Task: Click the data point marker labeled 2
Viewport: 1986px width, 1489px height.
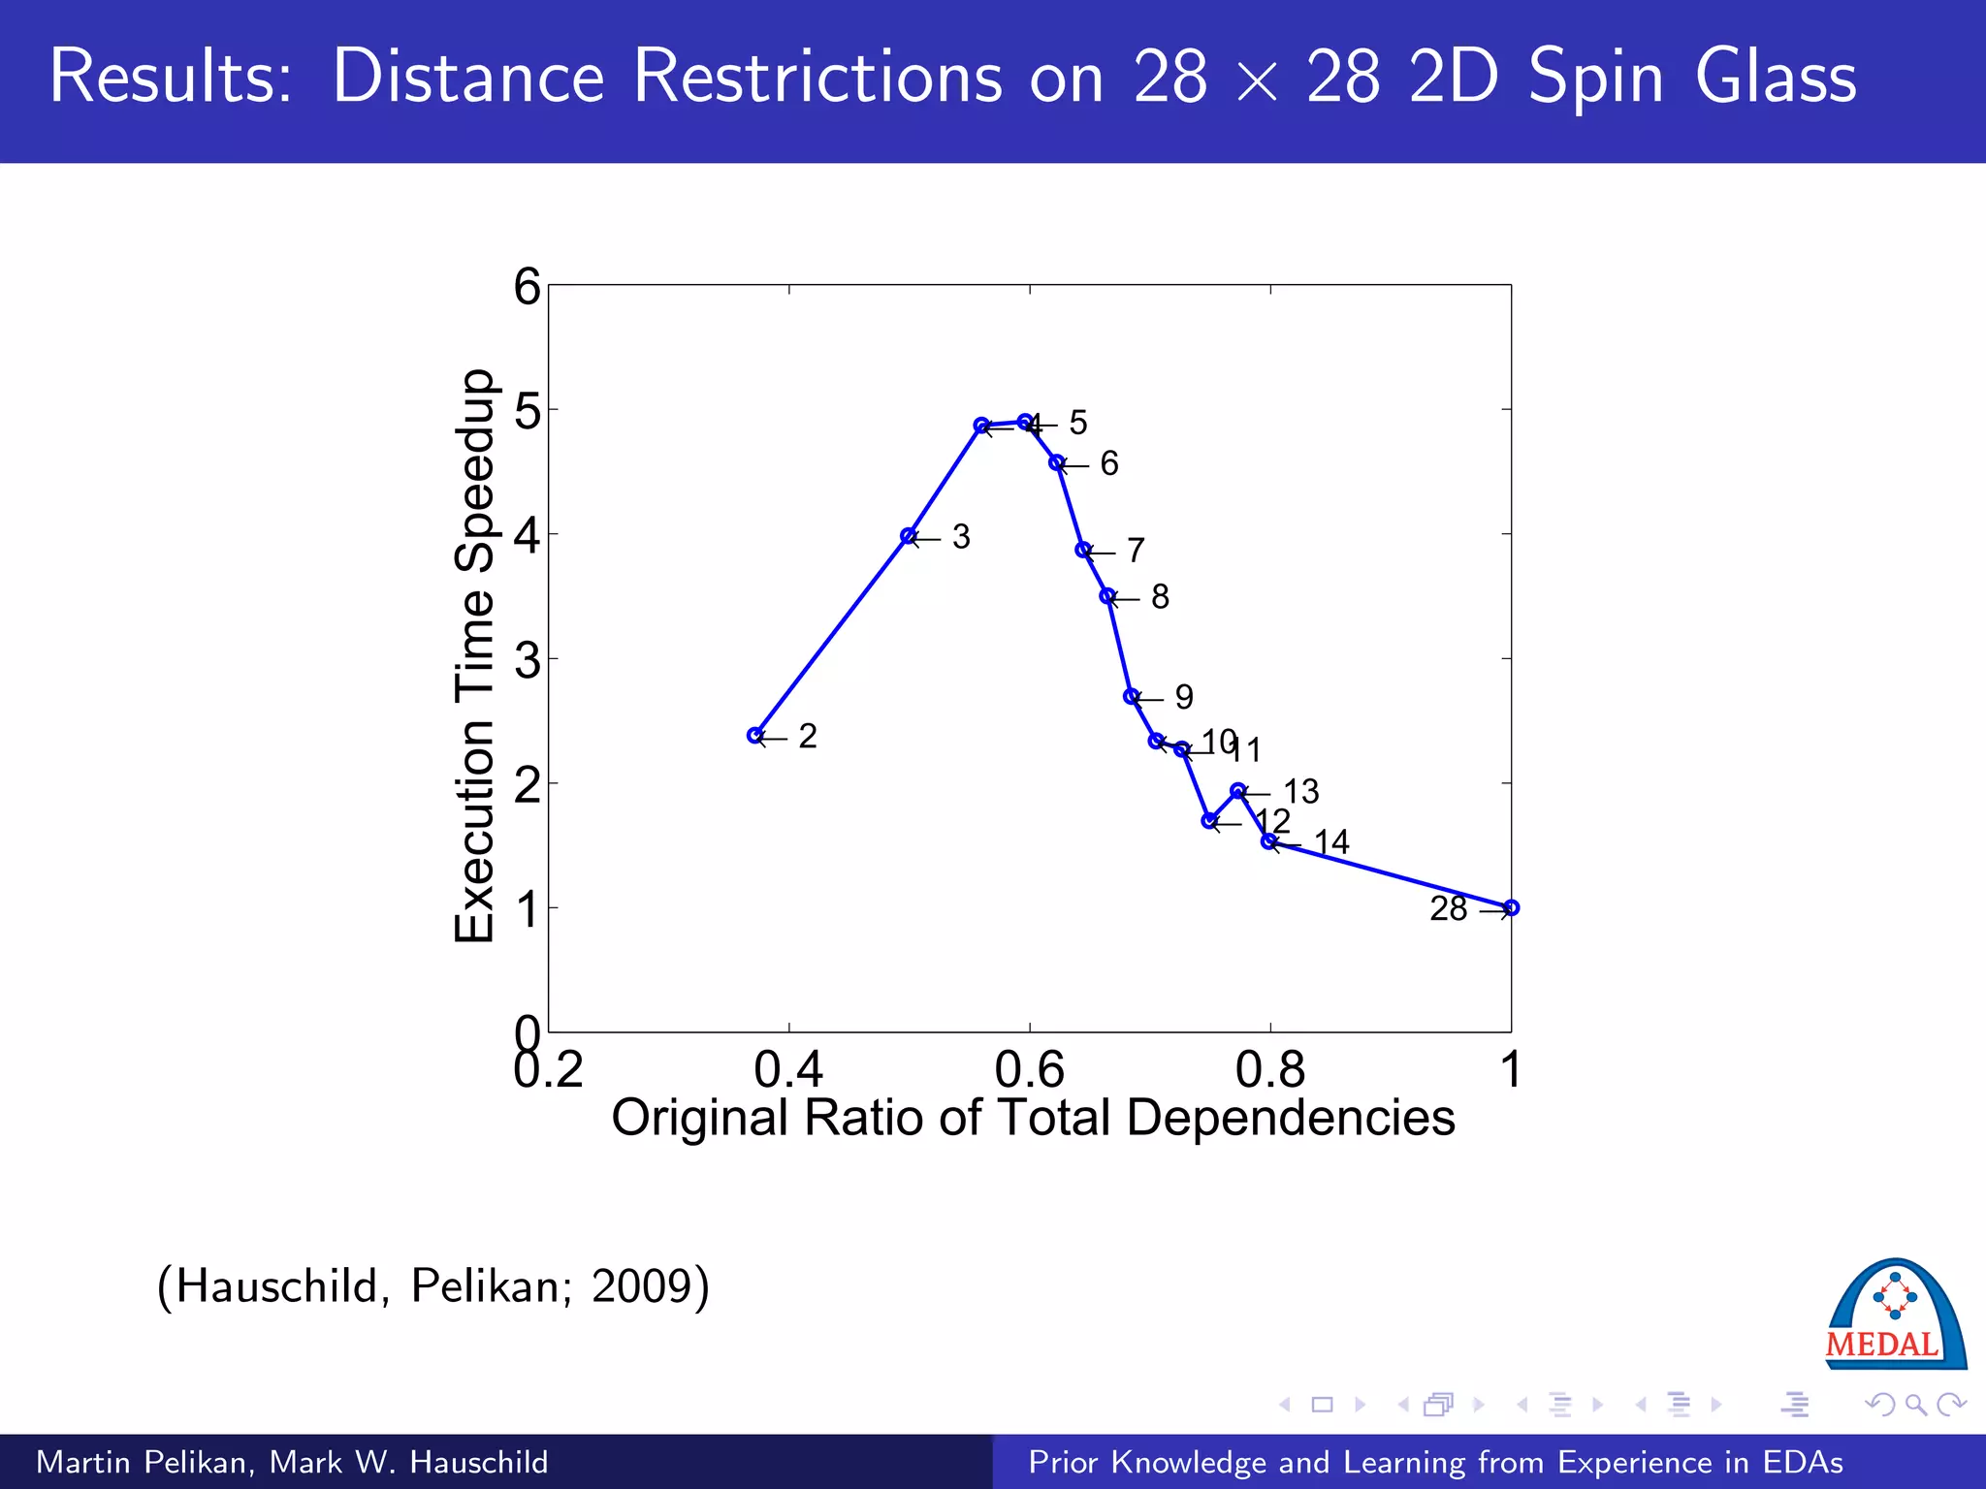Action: pyautogui.click(x=755, y=736)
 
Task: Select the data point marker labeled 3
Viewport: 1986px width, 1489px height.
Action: pyautogui.click(x=908, y=536)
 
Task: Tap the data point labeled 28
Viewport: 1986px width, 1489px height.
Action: pyautogui.click(x=1511, y=907)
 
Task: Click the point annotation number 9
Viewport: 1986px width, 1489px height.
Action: pyautogui.click(x=1184, y=697)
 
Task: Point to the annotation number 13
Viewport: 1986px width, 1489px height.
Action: pyautogui.click(x=1301, y=791)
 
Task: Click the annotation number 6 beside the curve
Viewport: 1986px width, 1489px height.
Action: pyautogui.click(x=1109, y=463)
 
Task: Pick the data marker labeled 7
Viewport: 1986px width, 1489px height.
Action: pyautogui.click(x=1083, y=550)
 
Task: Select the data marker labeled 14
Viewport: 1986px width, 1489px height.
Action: pyautogui.click(x=1268, y=841)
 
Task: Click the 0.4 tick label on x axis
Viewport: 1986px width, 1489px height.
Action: pyautogui.click(x=788, y=1070)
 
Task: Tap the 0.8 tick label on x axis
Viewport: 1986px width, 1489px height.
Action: pyautogui.click(x=1269, y=1070)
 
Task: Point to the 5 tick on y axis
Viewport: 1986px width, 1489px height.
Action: pyautogui.click(x=528, y=410)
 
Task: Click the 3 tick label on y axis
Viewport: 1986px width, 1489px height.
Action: pyautogui.click(x=528, y=660)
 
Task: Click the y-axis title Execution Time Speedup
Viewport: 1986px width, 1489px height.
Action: pyautogui.click(x=475, y=656)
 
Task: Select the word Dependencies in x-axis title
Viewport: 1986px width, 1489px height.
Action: pyautogui.click(x=1290, y=1118)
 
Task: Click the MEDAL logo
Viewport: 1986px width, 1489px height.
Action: pyautogui.click(x=1895, y=1316)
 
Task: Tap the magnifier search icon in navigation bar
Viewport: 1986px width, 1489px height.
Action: pyautogui.click(x=1914, y=1405)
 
